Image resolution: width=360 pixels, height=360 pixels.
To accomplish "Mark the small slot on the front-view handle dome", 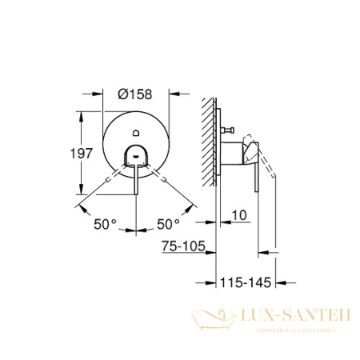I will tap(135, 148).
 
